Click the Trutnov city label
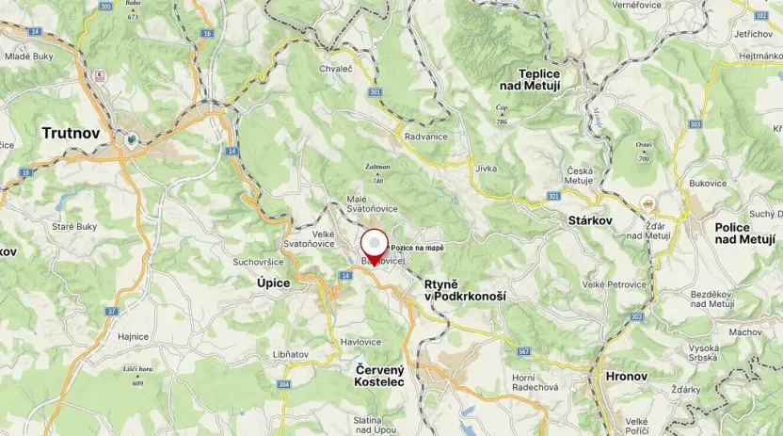[x=71, y=133]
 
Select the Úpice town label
[x=274, y=283]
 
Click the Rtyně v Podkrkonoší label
[x=465, y=289]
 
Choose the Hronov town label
[x=627, y=376]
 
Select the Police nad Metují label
[x=744, y=234]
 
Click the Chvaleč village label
[x=335, y=69]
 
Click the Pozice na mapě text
[x=417, y=248]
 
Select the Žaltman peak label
[x=377, y=167]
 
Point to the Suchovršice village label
[x=260, y=261]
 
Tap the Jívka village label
[x=487, y=168]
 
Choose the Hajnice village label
[x=134, y=336]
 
